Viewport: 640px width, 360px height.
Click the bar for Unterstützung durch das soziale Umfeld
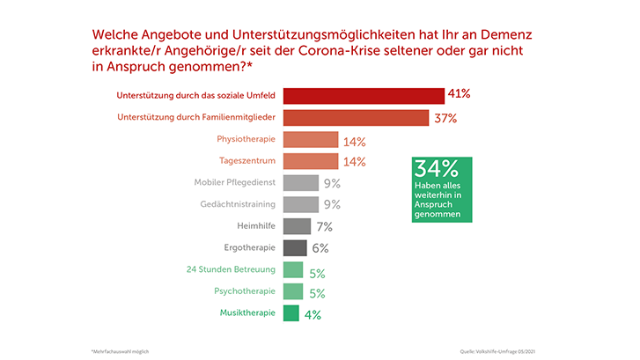(x=364, y=96)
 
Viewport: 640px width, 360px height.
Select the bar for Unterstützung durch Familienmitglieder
(x=356, y=118)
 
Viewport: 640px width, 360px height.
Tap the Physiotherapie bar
(x=311, y=140)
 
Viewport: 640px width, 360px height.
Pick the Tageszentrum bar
(x=311, y=161)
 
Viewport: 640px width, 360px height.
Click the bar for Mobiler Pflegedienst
(x=301, y=183)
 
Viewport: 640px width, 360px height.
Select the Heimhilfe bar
(x=297, y=226)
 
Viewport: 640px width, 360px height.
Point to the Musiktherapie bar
(x=291, y=312)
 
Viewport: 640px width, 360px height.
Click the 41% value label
(x=460, y=93)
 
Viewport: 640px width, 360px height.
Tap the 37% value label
(x=445, y=118)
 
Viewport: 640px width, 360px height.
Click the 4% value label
(x=313, y=313)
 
